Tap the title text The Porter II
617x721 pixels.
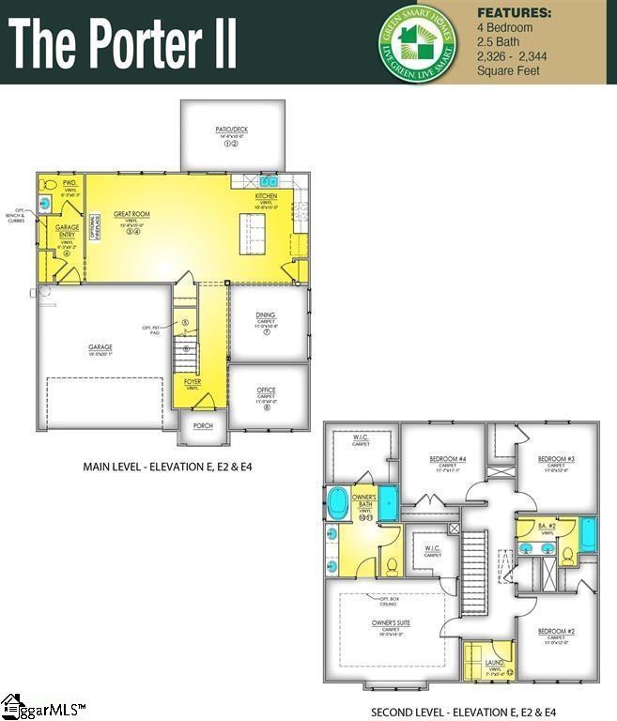click(123, 44)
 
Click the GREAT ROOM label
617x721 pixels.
click(132, 214)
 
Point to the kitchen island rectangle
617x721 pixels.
click(252, 233)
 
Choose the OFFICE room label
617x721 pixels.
click(266, 390)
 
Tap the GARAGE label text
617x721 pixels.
click(100, 347)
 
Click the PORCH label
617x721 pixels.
click(203, 425)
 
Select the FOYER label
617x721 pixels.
click(193, 381)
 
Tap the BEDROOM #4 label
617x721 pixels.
click(448, 458)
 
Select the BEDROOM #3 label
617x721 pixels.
click(556, 458)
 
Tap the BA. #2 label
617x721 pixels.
click(547, 527)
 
